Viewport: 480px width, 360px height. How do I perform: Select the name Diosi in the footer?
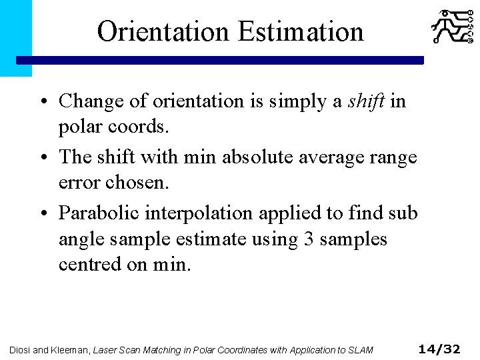coord(21,349)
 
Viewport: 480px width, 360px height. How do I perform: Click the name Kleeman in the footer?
coord(70,349)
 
